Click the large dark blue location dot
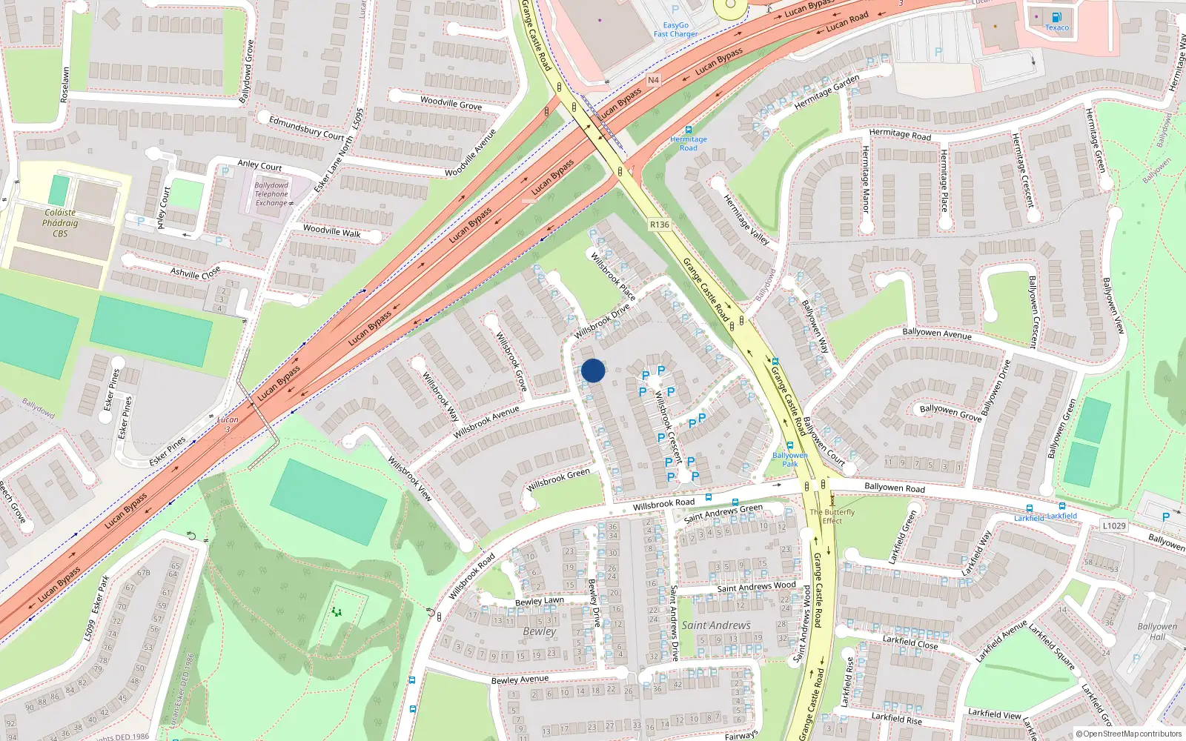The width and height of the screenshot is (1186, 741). (x=593, y=370)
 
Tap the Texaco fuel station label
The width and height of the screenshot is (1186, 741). (x=1057, y=27)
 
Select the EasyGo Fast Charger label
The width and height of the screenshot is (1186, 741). (x=675, y=30)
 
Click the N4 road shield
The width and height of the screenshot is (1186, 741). (x=653, y=80)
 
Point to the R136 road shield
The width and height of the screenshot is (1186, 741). (x=659, y=225)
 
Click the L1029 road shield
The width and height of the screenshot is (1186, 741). (x=1113, y=525)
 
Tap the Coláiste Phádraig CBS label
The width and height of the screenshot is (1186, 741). (x=60, y=222)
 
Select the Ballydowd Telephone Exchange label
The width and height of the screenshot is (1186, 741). (x=271, y=194)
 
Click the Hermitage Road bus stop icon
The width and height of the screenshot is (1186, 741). (x=689, y=130)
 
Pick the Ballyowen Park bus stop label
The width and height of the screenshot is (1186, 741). (x=790, y=459)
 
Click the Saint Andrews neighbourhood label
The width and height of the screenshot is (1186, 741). (x=716, y=625)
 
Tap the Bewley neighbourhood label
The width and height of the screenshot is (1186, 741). (x=539, y=631)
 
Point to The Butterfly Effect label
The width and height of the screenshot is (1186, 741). (x=832, y=516)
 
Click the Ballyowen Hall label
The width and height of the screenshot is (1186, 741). (x=1157, y=631)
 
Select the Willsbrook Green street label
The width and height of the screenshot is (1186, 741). (x=558, y=480)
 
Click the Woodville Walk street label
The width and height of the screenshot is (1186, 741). (x=331, y=231)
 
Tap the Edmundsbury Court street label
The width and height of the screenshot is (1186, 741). (x=306, y=127)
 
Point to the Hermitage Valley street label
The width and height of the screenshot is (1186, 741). (x=746, y=219)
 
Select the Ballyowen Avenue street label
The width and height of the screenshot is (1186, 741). (x=937, y=333)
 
